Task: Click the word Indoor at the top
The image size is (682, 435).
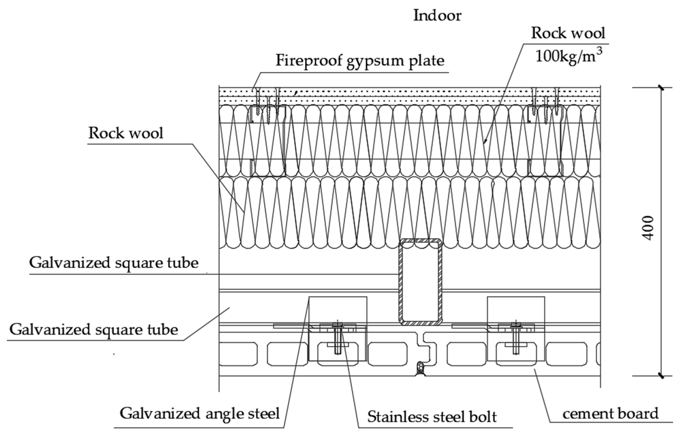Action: (437, 15)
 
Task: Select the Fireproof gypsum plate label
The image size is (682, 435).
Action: (360, 61)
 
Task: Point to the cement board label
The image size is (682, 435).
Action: (610, 414)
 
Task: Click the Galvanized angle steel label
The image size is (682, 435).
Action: (200, 414)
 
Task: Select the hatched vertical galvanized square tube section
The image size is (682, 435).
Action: (420, 282)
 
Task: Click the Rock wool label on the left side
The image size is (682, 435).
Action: (126, 133)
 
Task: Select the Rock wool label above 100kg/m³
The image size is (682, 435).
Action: (568, 41)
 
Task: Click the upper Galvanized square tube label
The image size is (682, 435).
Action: (114, 263)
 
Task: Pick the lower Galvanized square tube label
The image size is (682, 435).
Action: (94, 330)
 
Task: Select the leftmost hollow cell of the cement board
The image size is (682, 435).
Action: (238, 354)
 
